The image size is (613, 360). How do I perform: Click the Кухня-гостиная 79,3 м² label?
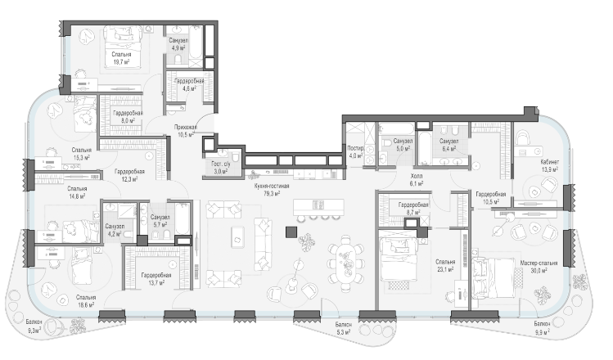272,190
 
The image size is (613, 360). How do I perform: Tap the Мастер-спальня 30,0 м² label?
539,266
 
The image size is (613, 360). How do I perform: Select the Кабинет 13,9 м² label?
550,166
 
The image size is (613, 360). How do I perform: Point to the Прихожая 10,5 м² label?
185,131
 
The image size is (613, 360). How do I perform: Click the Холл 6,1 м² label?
417,180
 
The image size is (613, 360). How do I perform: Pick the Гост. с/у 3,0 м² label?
221,168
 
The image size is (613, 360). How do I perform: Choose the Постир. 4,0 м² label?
356,151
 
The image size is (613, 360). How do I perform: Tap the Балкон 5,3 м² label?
343,328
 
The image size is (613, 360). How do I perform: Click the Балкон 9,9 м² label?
543,327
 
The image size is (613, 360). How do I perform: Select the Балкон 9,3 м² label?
34,326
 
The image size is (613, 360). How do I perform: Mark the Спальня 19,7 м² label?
121,58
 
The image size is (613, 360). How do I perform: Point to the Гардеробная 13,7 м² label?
156,279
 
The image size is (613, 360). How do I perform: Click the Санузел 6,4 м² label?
448,145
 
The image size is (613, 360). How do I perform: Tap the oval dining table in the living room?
346,263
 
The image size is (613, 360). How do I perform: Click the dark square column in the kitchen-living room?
291,232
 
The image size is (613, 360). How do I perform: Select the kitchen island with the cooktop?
318,205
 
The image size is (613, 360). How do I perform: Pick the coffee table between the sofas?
237,237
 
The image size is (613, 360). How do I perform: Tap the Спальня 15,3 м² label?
82,154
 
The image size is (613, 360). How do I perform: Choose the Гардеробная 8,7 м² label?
413,209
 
